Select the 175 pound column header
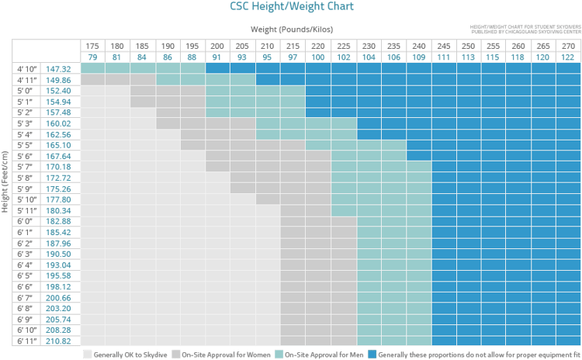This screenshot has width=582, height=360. [93, 46]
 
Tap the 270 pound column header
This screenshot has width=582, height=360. [568, 46]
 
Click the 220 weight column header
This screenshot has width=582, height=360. [318, 46]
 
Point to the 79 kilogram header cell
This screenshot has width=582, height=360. [93, 57]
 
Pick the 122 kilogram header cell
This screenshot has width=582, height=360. [568, 57]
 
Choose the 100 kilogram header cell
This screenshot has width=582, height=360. [318, 57]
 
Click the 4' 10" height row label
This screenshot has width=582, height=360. [28, 69]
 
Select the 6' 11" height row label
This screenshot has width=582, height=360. [28, 341]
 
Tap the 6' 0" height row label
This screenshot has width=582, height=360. [28, 221]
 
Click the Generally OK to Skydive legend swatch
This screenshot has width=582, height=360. [88, 354]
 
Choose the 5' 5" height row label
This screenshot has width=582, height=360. [28, 145]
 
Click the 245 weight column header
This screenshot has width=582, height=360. [444, 46]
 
